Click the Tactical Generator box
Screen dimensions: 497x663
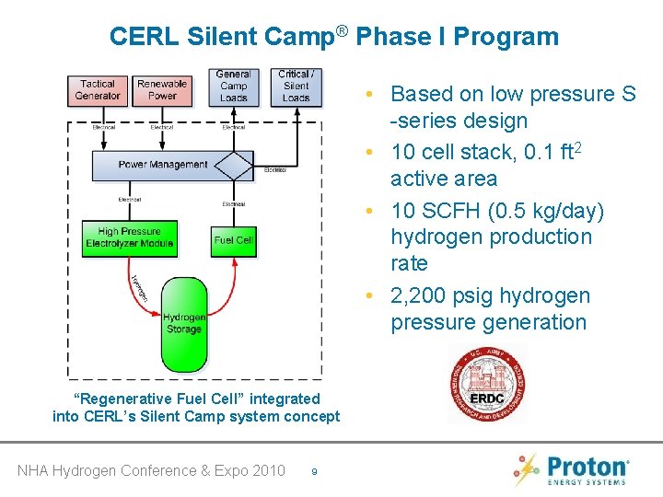98,89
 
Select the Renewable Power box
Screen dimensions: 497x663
162,89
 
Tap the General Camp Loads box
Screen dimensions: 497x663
234,86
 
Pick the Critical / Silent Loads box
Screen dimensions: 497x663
296,86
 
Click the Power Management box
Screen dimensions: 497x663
163,165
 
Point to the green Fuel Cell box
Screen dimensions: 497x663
233,239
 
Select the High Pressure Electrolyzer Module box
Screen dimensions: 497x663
128,237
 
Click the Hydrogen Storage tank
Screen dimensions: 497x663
184,322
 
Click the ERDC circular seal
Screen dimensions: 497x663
486,385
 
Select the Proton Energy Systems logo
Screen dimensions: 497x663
572,468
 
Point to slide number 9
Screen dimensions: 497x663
315,472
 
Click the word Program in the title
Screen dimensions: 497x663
513,37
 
